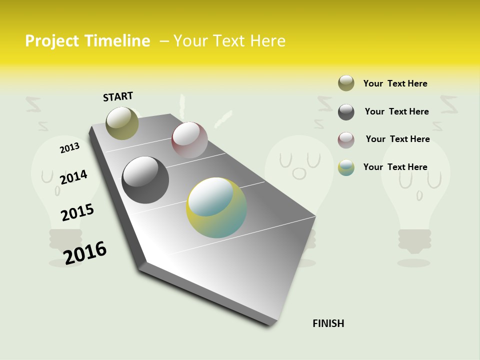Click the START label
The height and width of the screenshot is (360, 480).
[x=118, y=96]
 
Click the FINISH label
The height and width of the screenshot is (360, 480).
[x=328, y=323]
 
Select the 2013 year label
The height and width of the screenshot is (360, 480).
[x=69, y=148]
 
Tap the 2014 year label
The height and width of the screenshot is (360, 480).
[x=73, y=177]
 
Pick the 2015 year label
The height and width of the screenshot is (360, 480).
[x=77, y=212]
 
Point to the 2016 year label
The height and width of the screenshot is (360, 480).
[x=85, y=252]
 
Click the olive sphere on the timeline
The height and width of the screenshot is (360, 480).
[x=122, y=123]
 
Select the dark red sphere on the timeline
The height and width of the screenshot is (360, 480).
[x=189, y=140]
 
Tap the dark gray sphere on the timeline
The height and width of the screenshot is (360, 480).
[x=145, y=180]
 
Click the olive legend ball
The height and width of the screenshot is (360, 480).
[x=346, y=83]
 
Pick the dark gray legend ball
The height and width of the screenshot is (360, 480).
[x=346, y=112]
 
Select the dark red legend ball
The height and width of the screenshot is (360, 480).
[x=346, y=140]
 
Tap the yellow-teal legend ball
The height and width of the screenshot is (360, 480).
[x=346, y=167]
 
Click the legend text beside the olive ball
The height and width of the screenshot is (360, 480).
[x=395, y=83]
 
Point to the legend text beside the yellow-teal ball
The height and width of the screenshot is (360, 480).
[x=395, y=167]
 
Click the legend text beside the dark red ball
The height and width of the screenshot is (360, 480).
[x=397, y=139]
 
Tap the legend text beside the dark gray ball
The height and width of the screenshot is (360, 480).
[x=396, y=111]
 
